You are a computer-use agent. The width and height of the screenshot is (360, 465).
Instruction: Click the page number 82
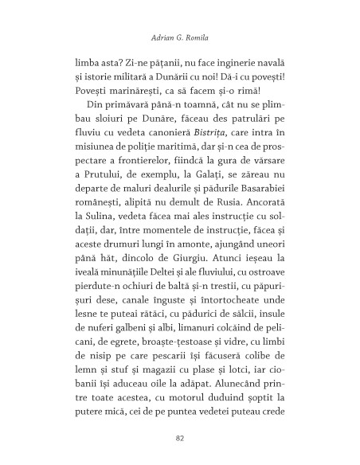pyautogui.click(x=179, y=437)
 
